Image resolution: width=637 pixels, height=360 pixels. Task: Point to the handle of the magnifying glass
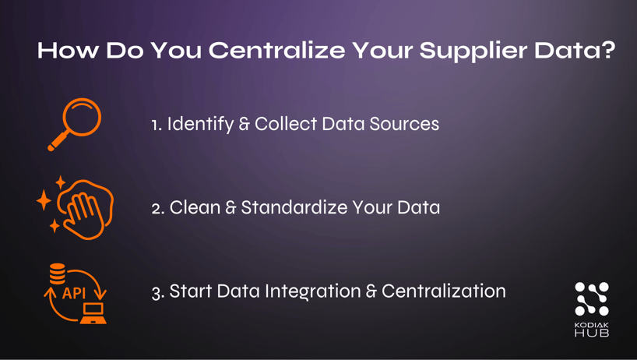(x=58, y=143)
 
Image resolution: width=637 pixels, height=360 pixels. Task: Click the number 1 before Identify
(x=155, y=125)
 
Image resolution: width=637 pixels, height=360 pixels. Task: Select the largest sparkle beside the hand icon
(x=44, y=201)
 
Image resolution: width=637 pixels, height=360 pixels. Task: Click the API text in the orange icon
(x=74, y=294)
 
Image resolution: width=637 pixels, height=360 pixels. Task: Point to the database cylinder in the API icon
(x=58, y=274)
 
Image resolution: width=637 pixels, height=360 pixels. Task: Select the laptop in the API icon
(x=93, y=312)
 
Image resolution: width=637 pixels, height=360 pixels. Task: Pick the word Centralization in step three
(x=443, y=291)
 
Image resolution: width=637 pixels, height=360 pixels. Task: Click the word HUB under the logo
(x=592, y=333)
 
